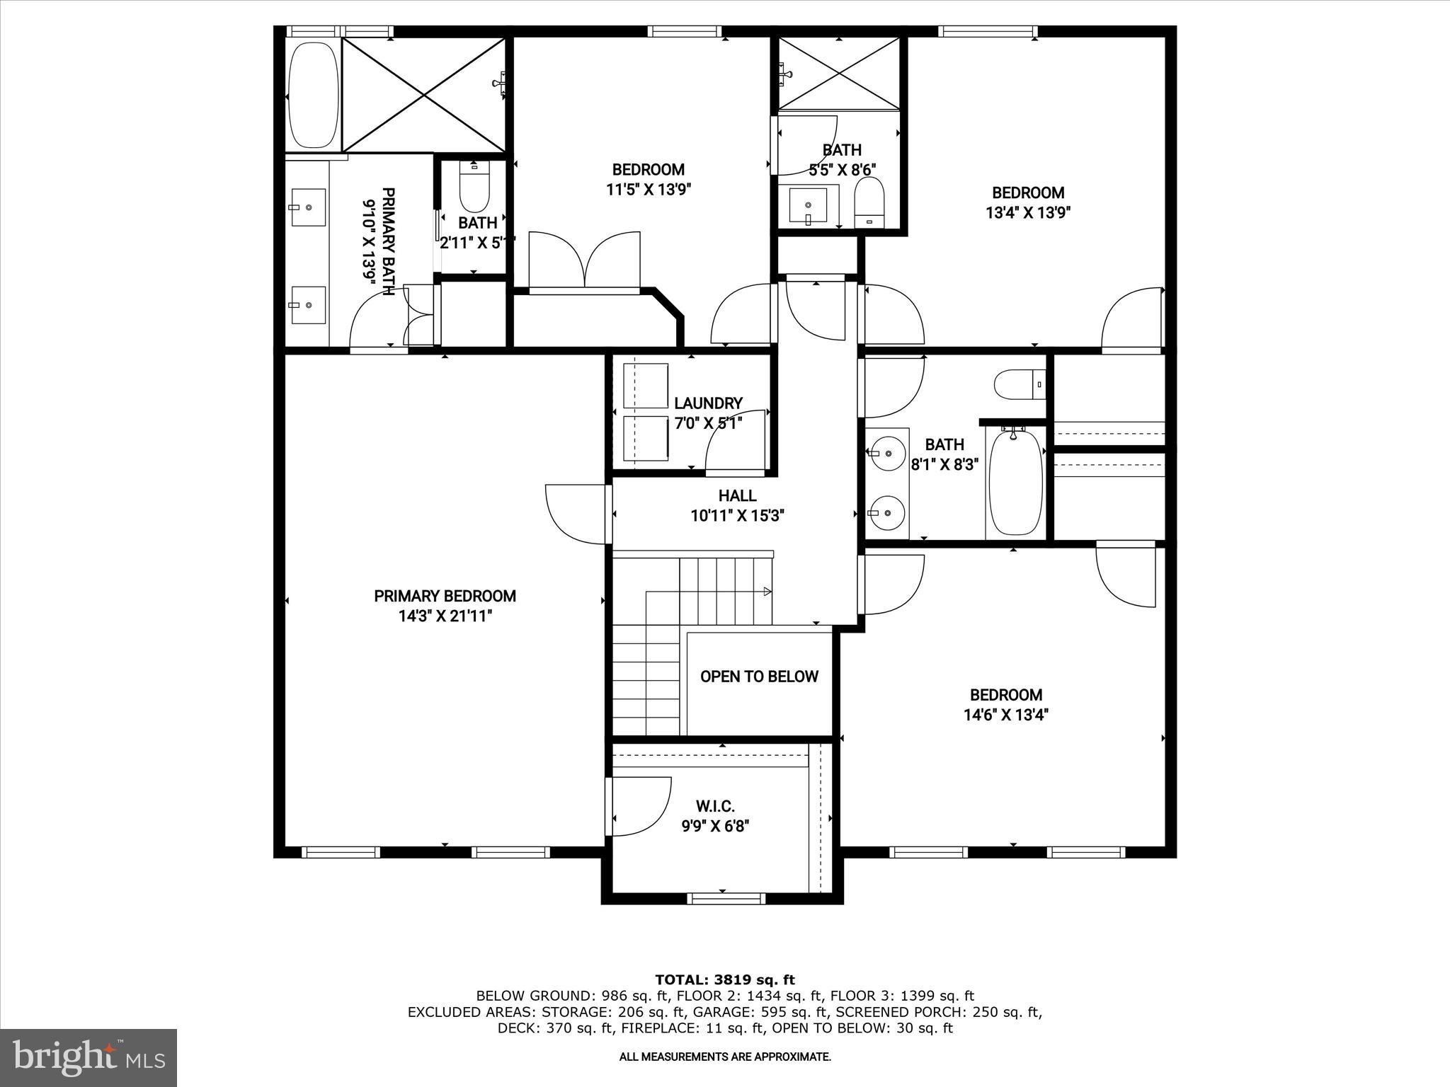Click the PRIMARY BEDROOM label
point(445,596)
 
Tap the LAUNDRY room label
point(708,403)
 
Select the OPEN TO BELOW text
point(759,677)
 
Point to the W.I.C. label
point(715,806)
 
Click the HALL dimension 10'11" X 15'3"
point(737,516)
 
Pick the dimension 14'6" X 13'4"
point(1005,715)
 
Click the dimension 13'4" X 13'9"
point(1027,212)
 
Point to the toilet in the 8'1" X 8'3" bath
point(1017,386)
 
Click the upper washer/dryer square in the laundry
point(645,386)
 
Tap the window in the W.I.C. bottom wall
point(726,899)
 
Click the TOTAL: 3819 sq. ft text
point(724,979)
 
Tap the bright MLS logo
point(89,1057)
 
